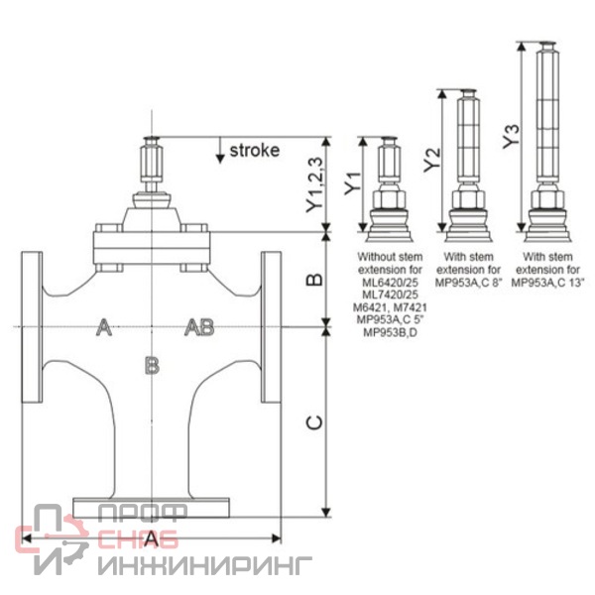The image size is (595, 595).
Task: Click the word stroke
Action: coord(255,151)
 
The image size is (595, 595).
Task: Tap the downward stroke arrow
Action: coord(220,151)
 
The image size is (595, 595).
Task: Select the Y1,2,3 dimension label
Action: coord(315,184)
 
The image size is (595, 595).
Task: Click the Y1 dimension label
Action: coord(352,183)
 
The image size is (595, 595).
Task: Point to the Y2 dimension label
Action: coord(432,160)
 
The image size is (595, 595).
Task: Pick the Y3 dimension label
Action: coord(511,137)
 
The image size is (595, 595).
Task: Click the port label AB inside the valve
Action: coord(199,327)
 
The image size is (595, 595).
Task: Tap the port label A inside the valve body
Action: coord(103,327)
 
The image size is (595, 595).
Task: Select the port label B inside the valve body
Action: coord(152,366)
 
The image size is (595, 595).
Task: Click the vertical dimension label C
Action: coord(314,422)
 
